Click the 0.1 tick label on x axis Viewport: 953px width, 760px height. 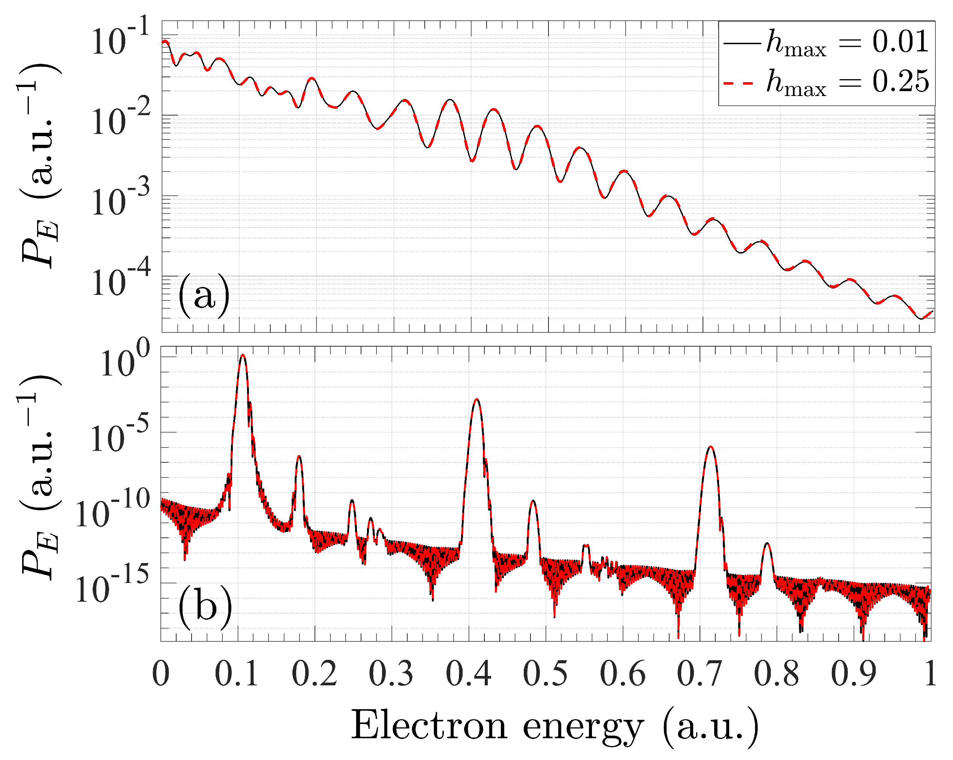[x=237, y=674]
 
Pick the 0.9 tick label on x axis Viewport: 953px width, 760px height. [x=853, y=674]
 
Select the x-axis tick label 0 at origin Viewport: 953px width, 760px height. [x=161, y=674]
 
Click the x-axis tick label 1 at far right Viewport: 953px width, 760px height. [x=930, y=674]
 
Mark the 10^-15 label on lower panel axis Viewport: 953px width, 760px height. [x=113, y=585]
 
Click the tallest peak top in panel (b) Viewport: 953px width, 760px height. [x=243, y=355]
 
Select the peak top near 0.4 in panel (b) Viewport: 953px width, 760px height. [x=476, y=400]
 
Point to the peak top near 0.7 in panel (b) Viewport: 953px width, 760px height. [x=710, y=447]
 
